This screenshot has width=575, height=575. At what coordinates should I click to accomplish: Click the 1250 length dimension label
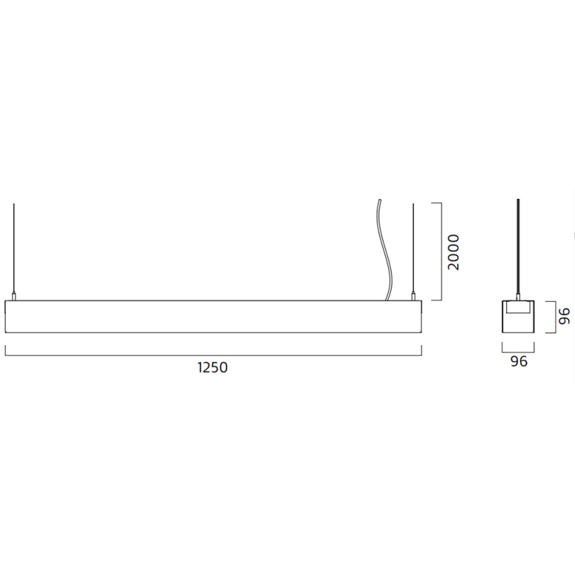pyautogui.click(x=213, y=368)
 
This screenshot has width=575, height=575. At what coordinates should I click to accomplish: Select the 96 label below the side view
pyautogui.click(x=519, y=362)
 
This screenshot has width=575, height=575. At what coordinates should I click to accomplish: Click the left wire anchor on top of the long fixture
pyautogui.click(x=14, y=296)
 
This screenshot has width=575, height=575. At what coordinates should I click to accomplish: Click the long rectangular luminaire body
pyautogui.click(x=213, y=317)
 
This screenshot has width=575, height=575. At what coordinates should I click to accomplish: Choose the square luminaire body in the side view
pyautogui.click(x=518, y=322)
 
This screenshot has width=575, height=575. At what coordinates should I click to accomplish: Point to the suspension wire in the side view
pyautogui.click(x=518, y=244)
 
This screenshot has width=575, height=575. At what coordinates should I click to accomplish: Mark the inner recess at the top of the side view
pyautogui.click(x=518, y=308)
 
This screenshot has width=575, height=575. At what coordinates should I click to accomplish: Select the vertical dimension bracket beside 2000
pyautogui.click(x=439, y=252)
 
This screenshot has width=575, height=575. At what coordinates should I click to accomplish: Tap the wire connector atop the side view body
pyautogui.click(x=518, y=296)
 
